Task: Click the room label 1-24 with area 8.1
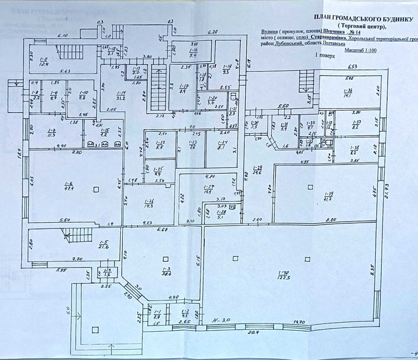(x=222, y=142)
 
